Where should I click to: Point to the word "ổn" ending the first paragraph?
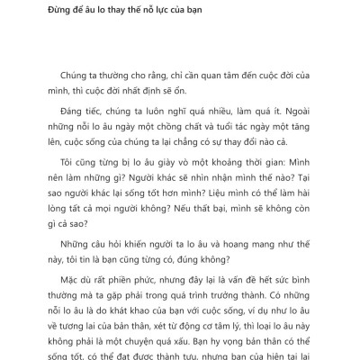coord(212,93)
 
